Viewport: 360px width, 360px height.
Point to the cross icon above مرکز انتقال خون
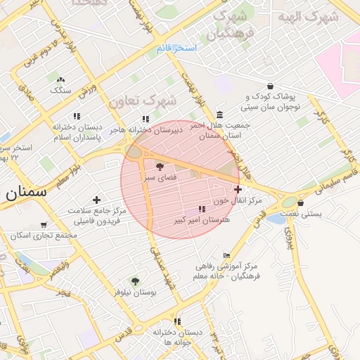pos(238,189)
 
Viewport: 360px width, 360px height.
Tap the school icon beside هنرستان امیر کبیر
pos(202,210)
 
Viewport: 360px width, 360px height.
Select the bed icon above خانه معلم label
pos(226,256)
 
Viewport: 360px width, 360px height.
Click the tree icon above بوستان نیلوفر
pos(136,281)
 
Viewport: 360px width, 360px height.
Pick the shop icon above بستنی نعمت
pos(301,203)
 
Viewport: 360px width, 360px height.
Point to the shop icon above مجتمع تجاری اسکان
pos(44,226)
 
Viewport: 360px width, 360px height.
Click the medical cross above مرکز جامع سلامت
pos(96,200)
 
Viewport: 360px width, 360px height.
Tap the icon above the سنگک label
pos(60,80)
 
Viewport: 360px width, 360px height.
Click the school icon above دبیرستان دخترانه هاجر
pos(146,120)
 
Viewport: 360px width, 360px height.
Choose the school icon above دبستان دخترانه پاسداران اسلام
pos(77,115)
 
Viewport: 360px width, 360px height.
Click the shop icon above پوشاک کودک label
pos(270,86)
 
